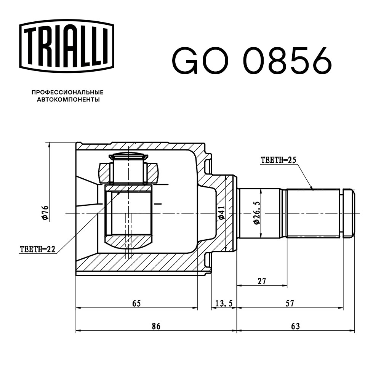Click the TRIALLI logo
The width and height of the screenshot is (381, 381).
[67, 46]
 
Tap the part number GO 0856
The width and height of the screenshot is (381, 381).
[252, 60]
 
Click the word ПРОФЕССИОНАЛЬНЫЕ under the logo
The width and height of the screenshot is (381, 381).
[67, 92]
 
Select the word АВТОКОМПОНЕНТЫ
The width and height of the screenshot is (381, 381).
[68, 99]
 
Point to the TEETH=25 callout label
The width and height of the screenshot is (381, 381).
[279, 160]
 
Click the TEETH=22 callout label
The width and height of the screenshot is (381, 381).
[37, 249]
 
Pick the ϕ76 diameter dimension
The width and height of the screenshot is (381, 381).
[46, 213]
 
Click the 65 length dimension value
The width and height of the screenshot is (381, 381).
[136, 303]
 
